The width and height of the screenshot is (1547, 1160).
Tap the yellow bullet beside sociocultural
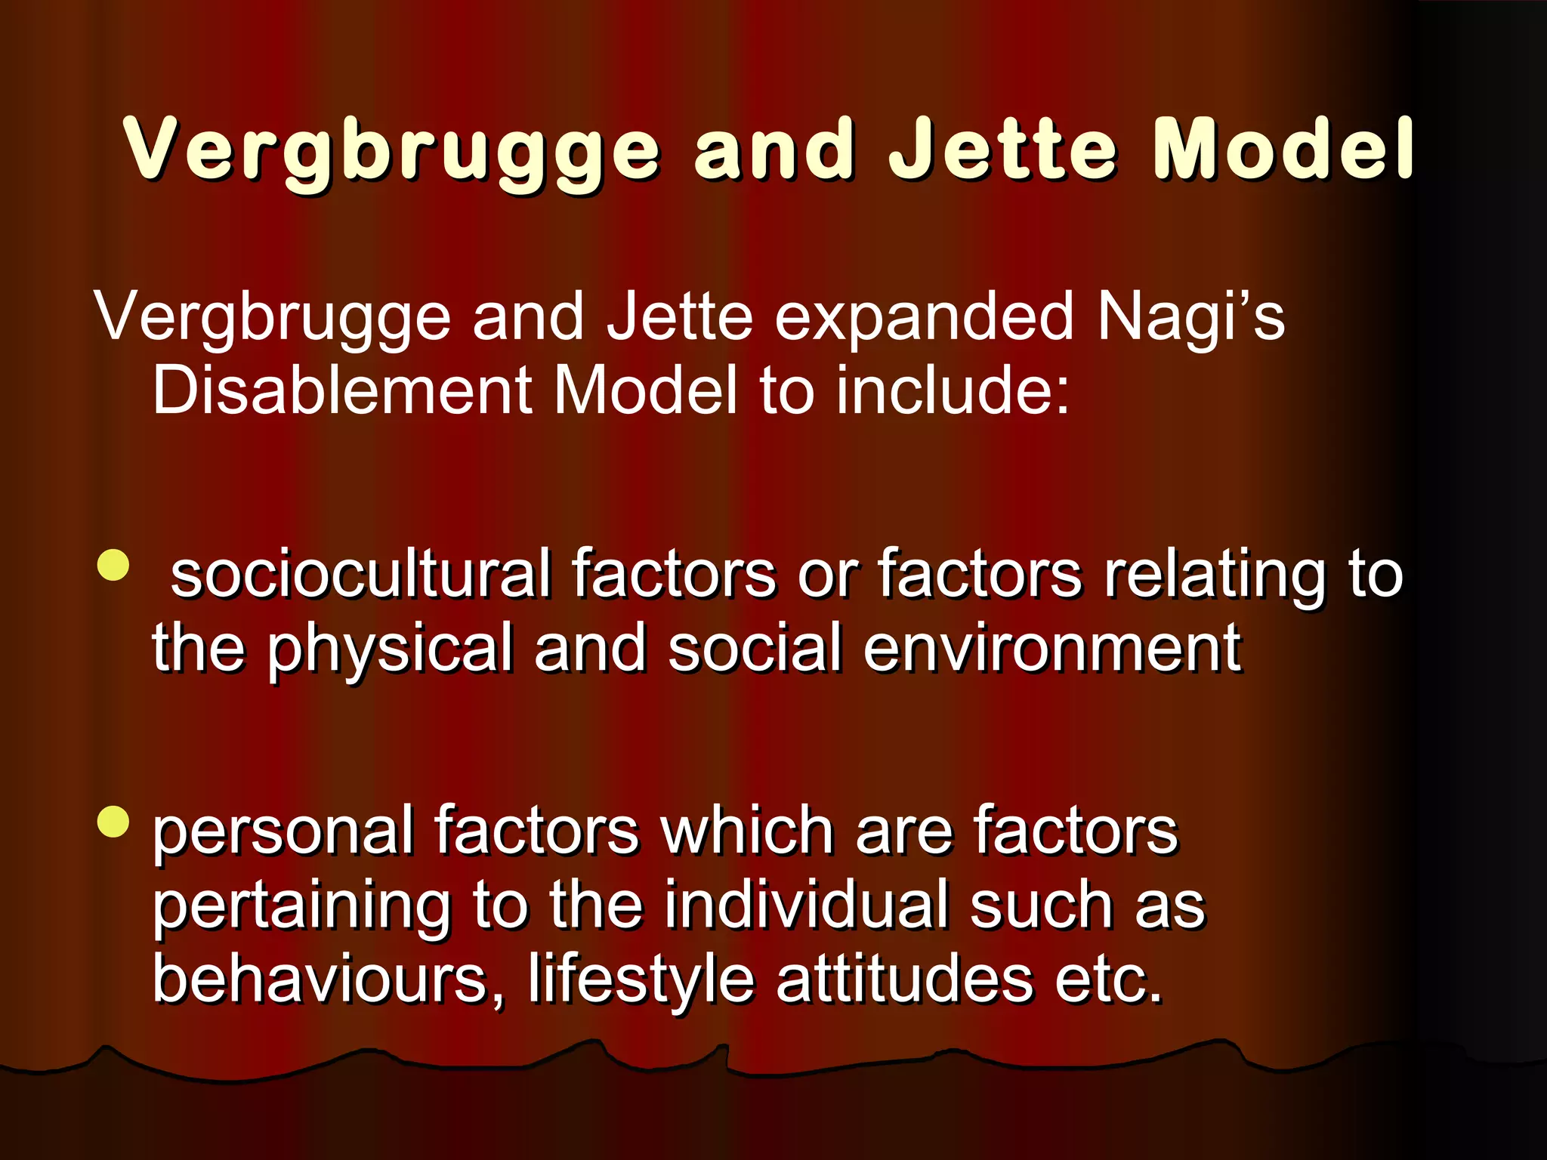tap(113, 566)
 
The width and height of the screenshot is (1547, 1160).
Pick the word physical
tap(390, 649)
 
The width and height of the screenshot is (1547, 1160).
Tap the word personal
tap(283, 831)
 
